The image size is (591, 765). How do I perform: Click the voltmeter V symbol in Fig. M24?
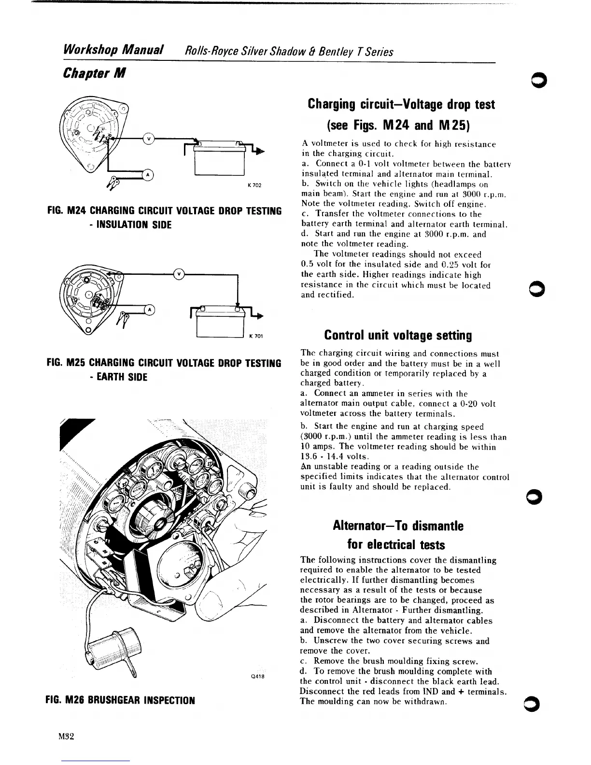coord(149,139)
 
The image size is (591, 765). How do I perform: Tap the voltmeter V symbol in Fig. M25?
coord(179,274)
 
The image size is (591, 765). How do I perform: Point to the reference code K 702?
coord(254,186)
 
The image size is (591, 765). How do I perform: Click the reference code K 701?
coord(255,336)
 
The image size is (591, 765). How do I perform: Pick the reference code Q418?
coord(257,676)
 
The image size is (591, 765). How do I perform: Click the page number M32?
coord(65,737)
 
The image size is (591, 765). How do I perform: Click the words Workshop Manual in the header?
coord(113,50)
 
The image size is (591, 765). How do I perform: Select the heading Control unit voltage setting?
coord(398,335)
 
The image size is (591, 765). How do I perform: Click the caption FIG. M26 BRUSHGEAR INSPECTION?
coord(120,700)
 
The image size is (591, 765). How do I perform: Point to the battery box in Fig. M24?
coord(220,159)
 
